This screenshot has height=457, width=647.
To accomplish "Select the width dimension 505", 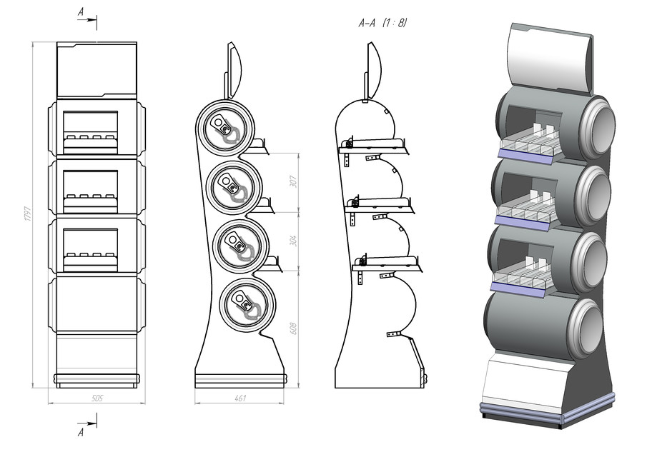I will point(96,398).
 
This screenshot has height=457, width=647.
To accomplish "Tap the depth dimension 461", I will point(239,398).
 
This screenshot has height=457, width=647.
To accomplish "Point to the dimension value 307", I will point(292,181).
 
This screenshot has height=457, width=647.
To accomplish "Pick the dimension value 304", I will point(292,241).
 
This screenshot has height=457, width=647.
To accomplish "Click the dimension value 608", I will point(292,328).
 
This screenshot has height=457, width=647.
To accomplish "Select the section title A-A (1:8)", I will point(383,23).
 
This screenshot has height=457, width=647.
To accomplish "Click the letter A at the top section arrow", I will point(80,12).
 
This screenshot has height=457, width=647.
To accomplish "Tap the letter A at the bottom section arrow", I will point(81,432).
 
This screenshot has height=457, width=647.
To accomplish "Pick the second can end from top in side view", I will point(232,187).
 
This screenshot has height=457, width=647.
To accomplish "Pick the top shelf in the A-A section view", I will point(375,146).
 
